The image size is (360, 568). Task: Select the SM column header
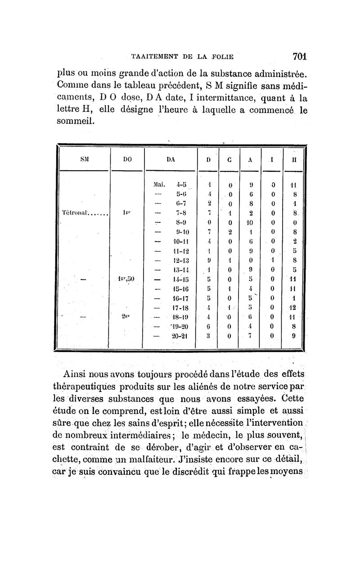coord(84,159)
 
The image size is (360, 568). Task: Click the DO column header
coord(127,159)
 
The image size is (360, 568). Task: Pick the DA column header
coord(171,159)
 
